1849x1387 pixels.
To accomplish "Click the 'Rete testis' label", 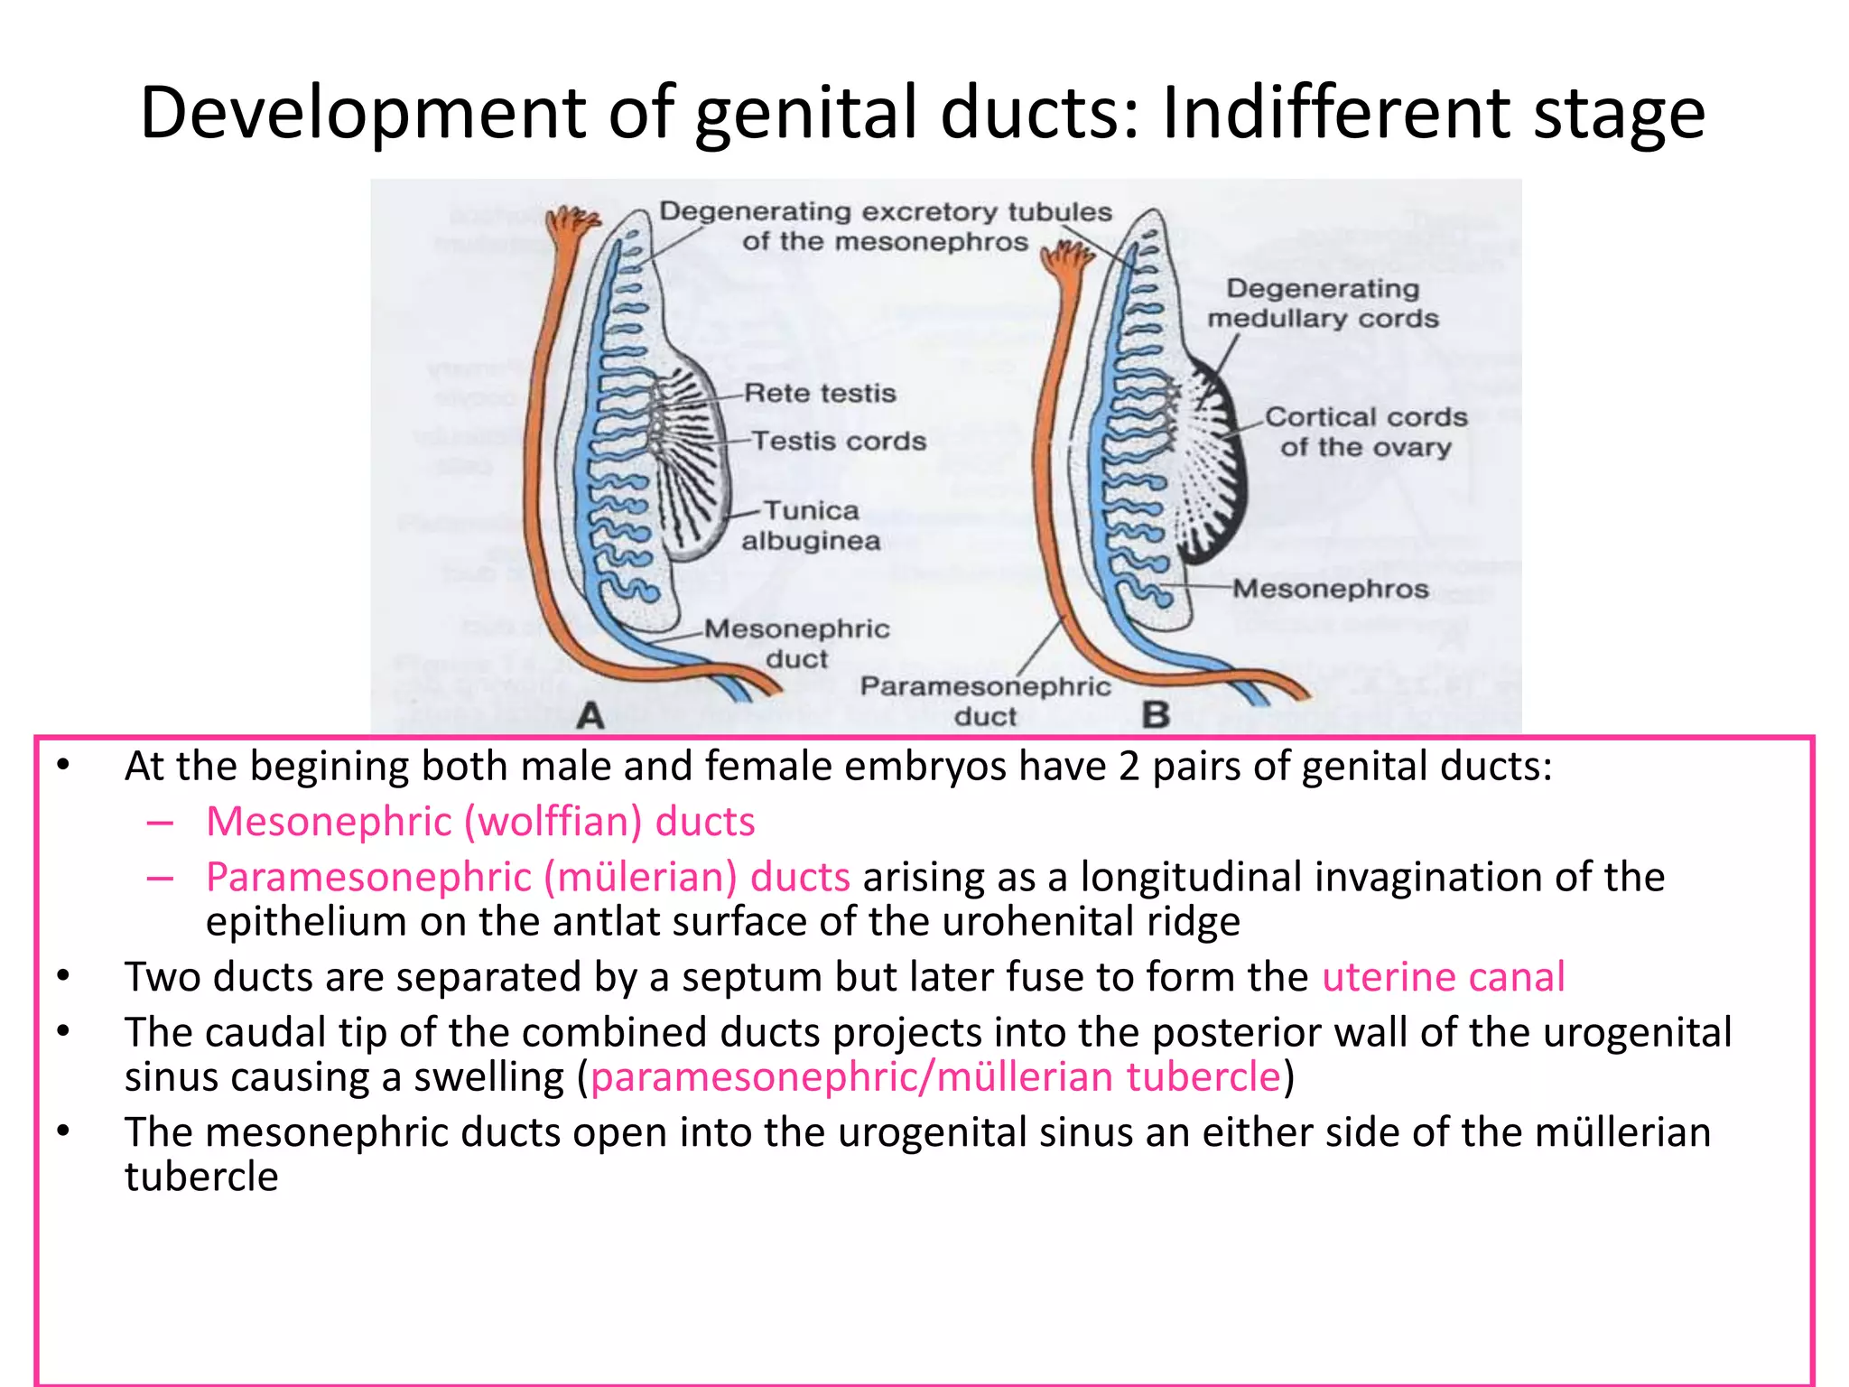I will click(x=820, y=394).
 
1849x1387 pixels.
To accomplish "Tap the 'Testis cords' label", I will click(x=839, y=442).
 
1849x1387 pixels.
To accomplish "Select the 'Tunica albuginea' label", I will click(x=811, y=526).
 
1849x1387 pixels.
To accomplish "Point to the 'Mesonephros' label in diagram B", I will click(x=1331, y=589).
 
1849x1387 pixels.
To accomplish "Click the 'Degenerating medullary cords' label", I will click(x=1323, y=303).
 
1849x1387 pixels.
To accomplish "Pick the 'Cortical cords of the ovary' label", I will click(x=1365, y=432).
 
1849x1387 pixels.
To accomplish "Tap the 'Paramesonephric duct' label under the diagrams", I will click(x=985, y=701).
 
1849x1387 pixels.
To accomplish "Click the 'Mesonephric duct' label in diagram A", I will click(x=796, y=643).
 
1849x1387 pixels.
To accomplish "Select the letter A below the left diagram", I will click(x=590, y=716).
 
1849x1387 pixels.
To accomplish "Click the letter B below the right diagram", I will click(x=1156, y=715).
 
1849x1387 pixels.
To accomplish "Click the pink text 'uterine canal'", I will click(x=1443, y=977).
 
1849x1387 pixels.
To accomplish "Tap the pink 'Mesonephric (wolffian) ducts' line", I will click(x=480, y=822).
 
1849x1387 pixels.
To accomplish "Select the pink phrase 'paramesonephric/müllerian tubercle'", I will click(x=935, y=1077).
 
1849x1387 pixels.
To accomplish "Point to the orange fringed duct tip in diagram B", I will click(x=1067, y=262).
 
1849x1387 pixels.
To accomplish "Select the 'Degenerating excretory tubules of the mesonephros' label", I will click(x=885, y=226).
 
